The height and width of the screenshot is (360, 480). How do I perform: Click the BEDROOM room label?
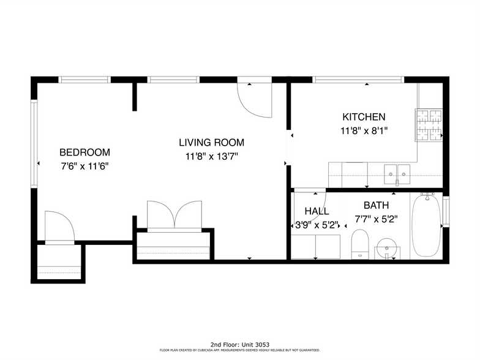point(84,152)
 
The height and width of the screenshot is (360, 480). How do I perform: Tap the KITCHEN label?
point(364,117)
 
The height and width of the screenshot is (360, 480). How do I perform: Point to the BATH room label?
point(376,205)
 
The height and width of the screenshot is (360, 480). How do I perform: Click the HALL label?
point(317,211)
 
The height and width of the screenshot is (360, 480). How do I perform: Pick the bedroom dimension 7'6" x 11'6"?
point(84,166)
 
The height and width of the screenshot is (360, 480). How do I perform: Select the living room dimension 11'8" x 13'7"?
point(211,156)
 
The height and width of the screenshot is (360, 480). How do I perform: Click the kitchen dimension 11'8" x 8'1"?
point(364,130)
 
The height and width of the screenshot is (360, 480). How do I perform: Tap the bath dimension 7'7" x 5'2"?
point(376,219)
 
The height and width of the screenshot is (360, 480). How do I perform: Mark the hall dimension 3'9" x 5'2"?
point(317,225)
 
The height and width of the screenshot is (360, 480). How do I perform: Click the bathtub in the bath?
point(425,225)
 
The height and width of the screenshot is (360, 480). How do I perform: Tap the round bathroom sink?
point(386,249)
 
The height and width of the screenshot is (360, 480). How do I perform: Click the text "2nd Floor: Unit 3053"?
point(239,345)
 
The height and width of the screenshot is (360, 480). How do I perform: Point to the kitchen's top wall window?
point(359,79)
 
